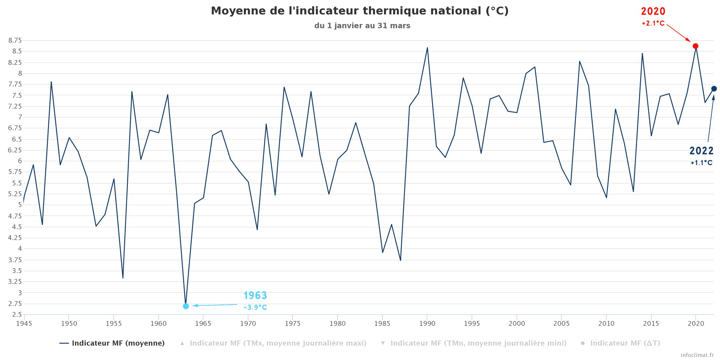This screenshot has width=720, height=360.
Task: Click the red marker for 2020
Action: click(695, 46)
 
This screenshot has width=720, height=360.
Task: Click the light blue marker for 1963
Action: click(186, 306)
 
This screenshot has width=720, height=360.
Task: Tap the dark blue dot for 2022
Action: click(714, 89)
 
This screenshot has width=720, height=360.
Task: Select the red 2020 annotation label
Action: click(653, 12)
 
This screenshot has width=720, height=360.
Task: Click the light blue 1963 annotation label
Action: click(255, 295)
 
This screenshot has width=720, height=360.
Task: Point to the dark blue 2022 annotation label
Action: click(701, 151)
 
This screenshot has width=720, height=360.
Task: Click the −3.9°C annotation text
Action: click(255, 307)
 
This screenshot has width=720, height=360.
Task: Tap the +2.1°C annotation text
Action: click(653, 24)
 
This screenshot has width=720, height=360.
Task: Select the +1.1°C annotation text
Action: click(701, 163)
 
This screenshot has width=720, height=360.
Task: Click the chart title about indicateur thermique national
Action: click(360, 11)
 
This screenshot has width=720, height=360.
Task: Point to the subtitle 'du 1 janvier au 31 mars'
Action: click(362, 26)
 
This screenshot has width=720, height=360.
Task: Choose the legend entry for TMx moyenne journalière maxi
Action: click(278, 343)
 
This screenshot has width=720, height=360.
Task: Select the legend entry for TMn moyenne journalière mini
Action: click(478, 343)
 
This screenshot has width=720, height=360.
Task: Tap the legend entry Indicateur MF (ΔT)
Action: click(625, 343)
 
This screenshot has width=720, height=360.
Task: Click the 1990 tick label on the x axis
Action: click(427, 324)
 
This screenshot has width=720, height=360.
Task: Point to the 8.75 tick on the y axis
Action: click(15, 40)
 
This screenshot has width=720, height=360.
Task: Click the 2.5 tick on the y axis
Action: click(17, 315)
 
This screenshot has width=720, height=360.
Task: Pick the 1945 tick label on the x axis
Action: click(24, 324)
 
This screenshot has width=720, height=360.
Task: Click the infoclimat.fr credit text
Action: click(697, 355)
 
